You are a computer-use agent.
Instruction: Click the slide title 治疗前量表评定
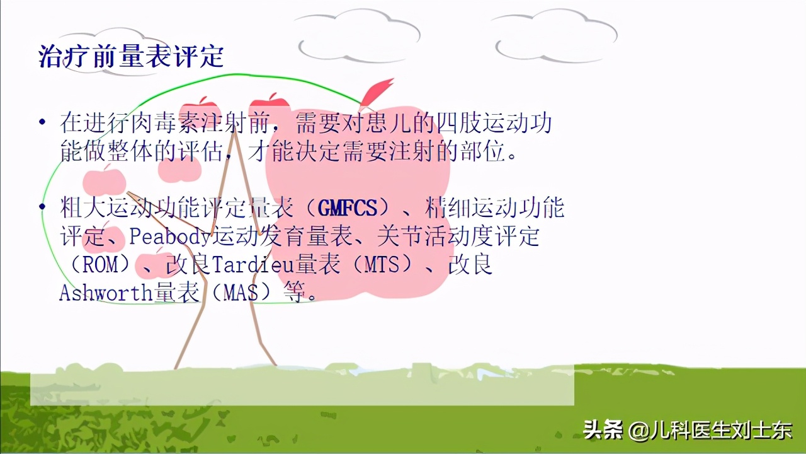pyautogui.click(x=132, y=56)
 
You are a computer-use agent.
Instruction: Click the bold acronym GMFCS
pyautogui.click(x=348, y=207)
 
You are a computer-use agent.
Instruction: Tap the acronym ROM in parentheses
pyautogui.click(x=101, y=265)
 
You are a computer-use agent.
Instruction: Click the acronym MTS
pyautogui.click(x=382, y=265)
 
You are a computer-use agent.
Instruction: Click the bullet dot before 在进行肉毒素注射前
pyautogui.click(x=42, y=122)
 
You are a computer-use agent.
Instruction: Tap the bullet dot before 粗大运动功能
pyautogui.click(x=42, y=207)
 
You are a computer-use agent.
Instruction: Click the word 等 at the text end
pyautogui.click(x=297, y=293)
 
